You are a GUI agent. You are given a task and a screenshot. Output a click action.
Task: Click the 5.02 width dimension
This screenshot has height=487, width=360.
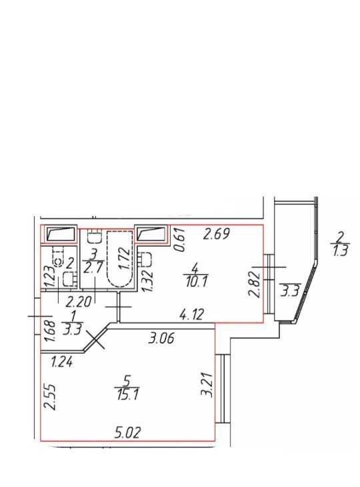tap(127, 432)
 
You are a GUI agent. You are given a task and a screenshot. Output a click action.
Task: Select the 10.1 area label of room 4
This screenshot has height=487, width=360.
tap(196, 282)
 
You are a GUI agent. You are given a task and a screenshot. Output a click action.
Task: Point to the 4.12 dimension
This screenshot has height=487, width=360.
tap(191, 314)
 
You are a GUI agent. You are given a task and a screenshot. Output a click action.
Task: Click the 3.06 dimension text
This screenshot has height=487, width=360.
tap(161, 338)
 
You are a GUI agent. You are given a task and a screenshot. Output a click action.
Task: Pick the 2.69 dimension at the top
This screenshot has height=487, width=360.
tap(216, 233)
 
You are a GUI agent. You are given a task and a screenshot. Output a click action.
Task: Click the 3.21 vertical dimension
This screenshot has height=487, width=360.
tap(207, 385)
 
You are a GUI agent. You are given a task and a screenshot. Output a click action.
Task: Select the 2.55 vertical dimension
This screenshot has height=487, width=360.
tap(49, 398)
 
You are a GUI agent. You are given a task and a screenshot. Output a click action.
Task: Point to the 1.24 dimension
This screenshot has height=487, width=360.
tap(62, 362)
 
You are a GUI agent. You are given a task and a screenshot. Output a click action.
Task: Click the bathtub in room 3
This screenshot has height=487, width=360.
tap(120, 259)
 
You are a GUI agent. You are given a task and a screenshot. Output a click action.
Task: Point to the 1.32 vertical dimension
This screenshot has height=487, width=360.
tap(147, 280)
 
